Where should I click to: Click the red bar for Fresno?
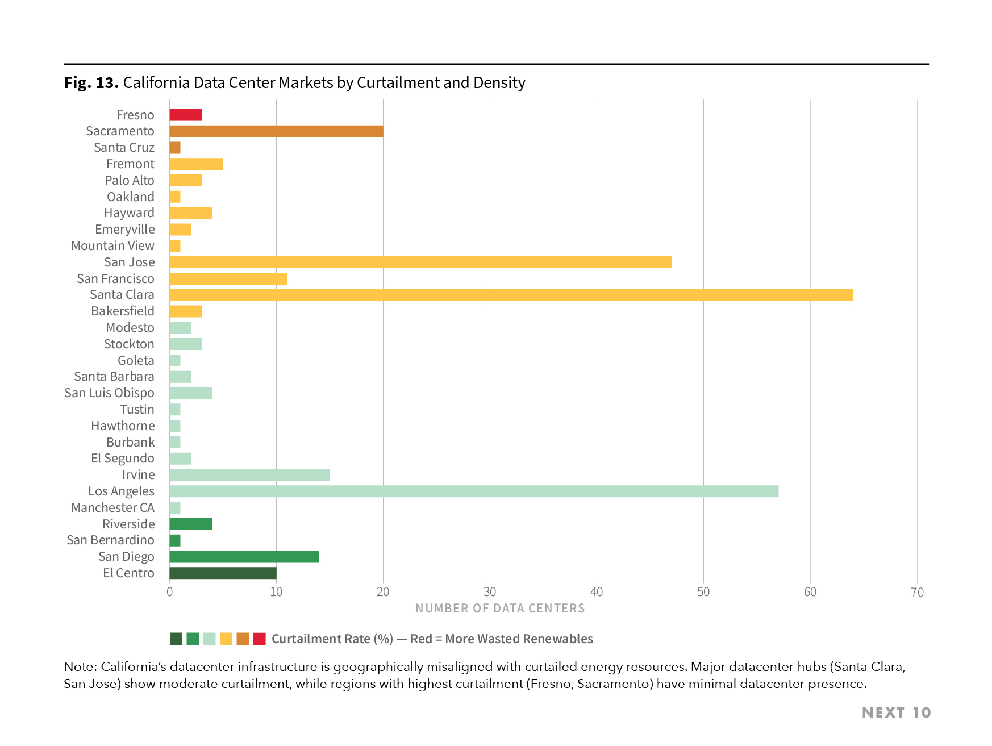coord(186,115)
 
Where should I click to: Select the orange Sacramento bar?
coord(276,131)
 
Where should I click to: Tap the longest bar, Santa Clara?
coord(511,295)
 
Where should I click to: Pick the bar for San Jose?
coord(420,262)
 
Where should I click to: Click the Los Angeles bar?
coord(474,491)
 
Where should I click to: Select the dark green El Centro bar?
coord(223,573)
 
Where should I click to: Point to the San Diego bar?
coord(244,557)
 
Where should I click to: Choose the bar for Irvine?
coord(249,475)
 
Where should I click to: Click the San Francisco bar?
coord(228,278)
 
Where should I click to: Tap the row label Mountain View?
coord(112,246)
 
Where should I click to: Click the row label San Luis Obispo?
coord(109,393)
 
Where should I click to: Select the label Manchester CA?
coord(112,508)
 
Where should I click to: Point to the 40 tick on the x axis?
coord(597,592)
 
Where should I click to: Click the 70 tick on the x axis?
coord(917,592)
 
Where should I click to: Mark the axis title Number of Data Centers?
coord(500,609)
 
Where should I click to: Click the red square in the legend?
coord(260,639)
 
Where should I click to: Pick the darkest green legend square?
coord(176,639)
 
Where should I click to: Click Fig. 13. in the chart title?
coord(91,83)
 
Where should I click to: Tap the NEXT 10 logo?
coord(896,712)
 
